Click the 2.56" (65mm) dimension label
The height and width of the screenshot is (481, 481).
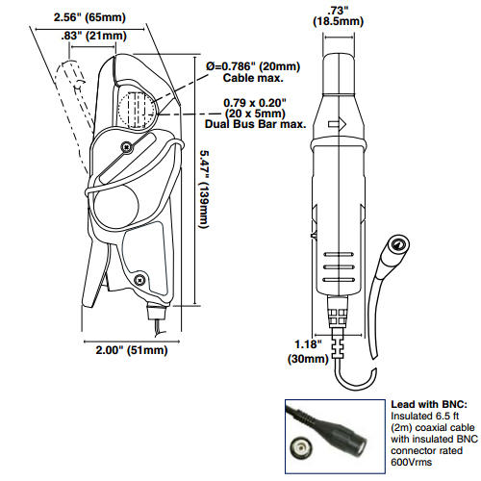coord(89,17)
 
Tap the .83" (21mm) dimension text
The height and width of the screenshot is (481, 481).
coord(93,36)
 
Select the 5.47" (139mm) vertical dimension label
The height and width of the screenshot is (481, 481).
coord(204,190)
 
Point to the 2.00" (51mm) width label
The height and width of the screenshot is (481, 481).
coord(132,350)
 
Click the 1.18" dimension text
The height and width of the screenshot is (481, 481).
coord(308,344)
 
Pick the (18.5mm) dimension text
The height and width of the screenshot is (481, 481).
coord(339,22)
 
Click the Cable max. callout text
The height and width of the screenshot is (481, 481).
coord(253,78)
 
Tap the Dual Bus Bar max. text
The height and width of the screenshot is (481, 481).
coord(256,124)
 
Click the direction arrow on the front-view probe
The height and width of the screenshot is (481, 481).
coord(338,124)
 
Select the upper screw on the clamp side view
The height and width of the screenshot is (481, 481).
coord(127,147)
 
